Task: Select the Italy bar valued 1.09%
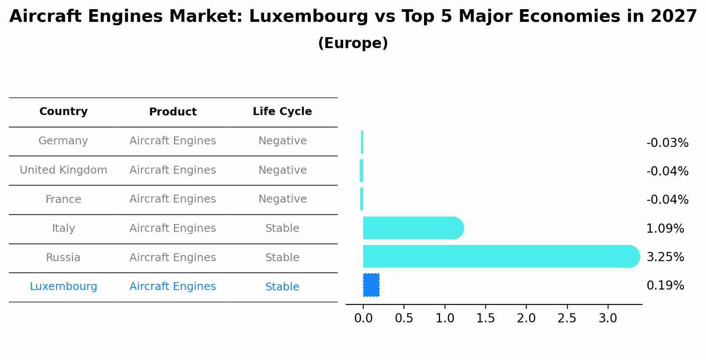(x=411, y=228)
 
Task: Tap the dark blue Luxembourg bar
(x=371, y=285)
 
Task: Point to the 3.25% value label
(x=665, y=257)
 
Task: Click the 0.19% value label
(x=665, y=286)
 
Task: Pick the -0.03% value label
(x=667, y=143)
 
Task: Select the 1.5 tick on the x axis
(x=485, y=318)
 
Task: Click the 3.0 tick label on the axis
(x=607, y=318)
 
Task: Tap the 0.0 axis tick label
(x=363, y=318)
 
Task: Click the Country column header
(x=63, y=112)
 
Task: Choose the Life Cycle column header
(x=282, y=112)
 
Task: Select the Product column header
(x=173, y=112)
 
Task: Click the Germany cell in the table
(x=63, y=141)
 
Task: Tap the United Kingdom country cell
(x=63, y=170)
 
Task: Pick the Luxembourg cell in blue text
(x=63, y=287)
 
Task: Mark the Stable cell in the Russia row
(x=282, y=258)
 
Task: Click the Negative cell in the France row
(x=282, y=199)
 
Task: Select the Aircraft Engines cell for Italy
(x=173, y=228)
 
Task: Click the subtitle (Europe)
(x=353, y=43)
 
